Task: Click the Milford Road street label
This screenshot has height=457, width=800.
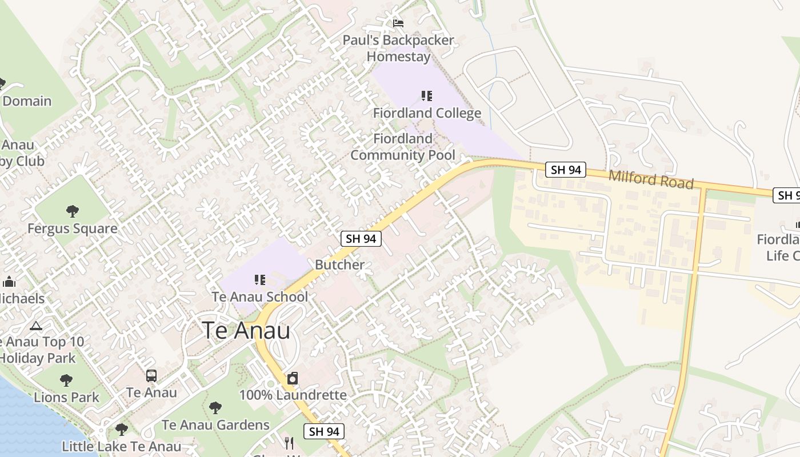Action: coord(651,179)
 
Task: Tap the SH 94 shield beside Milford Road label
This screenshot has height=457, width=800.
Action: coord(565,170)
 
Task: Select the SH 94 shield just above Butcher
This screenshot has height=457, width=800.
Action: coord(361,239)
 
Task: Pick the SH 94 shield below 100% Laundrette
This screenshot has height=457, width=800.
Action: coord(324,431)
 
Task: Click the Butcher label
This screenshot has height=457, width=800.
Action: coord(339,265)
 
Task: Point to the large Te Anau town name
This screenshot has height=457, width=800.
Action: coord(246,331)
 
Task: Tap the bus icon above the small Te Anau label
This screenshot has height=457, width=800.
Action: coord(151,376)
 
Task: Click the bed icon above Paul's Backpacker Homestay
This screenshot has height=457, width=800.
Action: coord(398,23)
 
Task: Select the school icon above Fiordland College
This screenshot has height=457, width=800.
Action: coord(427,96)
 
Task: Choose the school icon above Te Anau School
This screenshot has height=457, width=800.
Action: coord(260,280)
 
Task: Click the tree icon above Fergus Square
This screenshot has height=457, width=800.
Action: coord(73,211)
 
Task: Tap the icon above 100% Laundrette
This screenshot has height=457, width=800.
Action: coord(293,378)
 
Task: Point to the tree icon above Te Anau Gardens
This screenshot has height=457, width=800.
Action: coord(215,408)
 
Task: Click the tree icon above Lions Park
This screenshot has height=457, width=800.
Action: coord(66,380)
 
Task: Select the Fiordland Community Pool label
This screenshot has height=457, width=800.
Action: coord(403,147)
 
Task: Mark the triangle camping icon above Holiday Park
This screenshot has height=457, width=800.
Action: coord(36,326)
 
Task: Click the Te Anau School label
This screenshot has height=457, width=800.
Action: coord(260,297)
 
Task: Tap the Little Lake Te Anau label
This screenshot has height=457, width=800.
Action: coord(121,447)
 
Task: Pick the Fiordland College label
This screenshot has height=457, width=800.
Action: coord(427,113)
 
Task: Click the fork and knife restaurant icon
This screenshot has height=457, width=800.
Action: coord(289,443)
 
